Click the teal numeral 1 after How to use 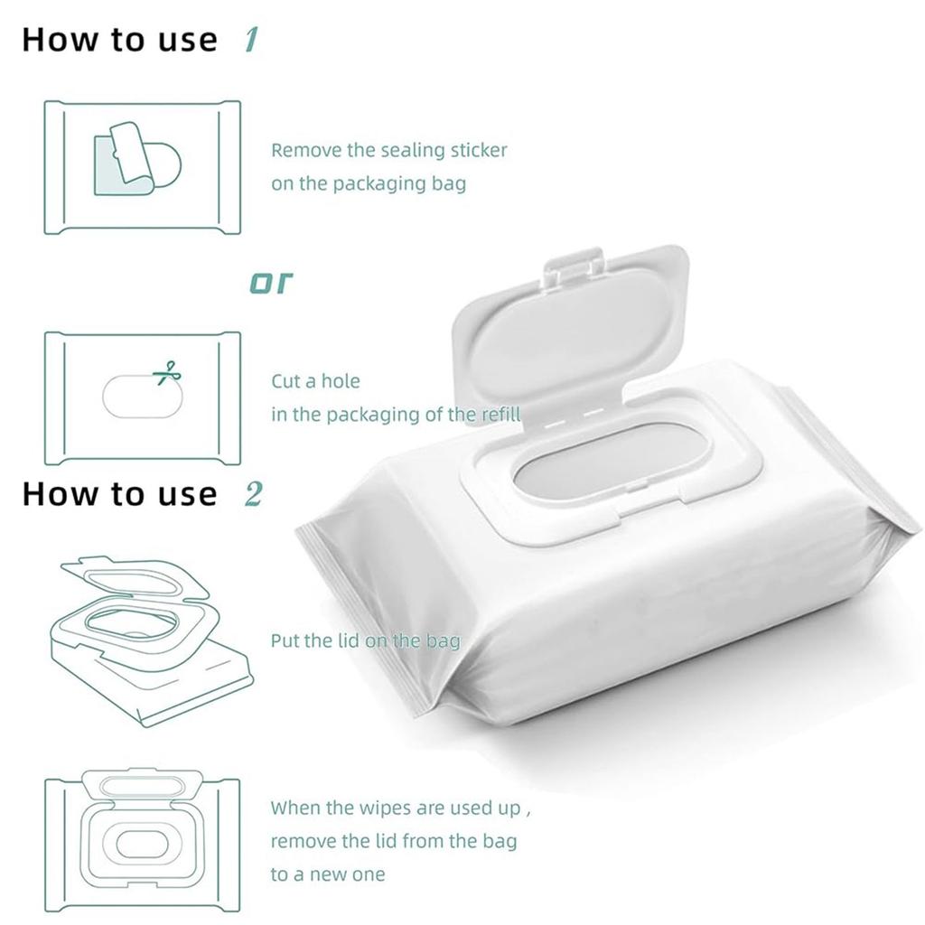[x=250, y=40]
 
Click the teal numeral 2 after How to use [x=253, y=493]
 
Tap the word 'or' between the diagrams [x=272, y=283]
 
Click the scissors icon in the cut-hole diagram [x=166, y=373]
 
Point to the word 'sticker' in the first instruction [x=479, y=150]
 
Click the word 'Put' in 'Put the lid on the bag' [x=284, y=641]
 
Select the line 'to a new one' [x=327, y=874]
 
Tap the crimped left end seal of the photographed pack [x=361, y=614]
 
